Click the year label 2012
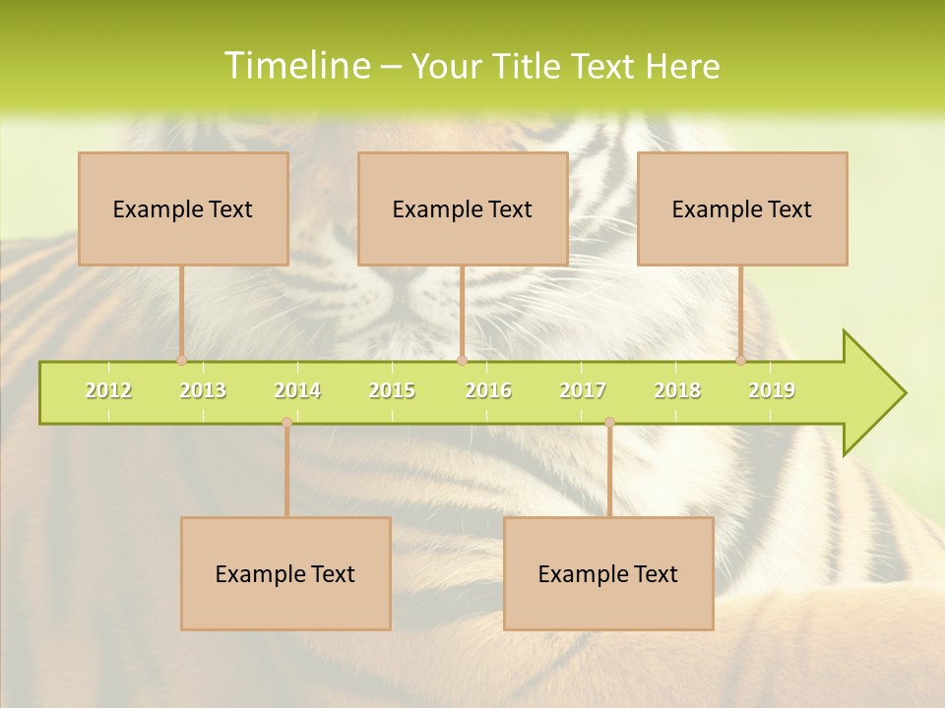(x=108, y=390)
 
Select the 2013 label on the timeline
(x=203, y=390)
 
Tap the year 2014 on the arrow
(x=297, y=390)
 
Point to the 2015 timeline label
(x=392, y=390)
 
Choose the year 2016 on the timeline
(x=488, y=390)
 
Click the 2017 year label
(x=583, y=390)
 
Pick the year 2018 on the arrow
(x=677, y=390)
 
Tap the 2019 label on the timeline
(x=772, y=390)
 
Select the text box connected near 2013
(x=183, y=208)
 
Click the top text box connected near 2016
(x=463, y=208)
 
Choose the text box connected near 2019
(x=742, y=208)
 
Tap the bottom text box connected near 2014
(x=285, y=573)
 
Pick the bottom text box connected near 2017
(x=608, y=573)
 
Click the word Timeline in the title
(x=295, y=66)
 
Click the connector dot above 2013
(x=181, y=360)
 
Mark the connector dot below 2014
(x=286, y=422)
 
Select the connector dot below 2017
(x=609, y=422)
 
